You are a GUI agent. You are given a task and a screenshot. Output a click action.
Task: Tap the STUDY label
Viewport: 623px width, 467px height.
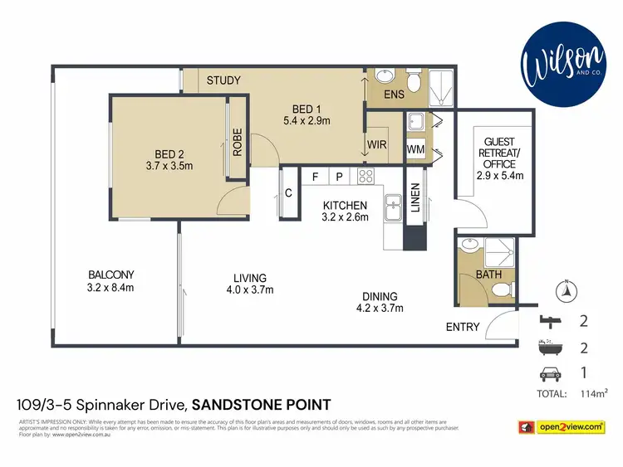point(223,80)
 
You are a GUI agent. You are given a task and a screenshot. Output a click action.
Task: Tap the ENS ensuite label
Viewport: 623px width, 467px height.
point(395,95)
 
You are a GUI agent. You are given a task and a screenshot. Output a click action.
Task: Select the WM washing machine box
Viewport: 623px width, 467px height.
point(416,149)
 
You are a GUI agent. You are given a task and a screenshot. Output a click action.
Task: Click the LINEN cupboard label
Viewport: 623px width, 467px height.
point(415,200)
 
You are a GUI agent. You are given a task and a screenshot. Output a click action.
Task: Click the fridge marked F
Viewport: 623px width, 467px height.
point(316,176)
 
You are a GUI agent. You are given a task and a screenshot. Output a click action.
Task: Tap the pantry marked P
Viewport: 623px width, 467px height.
point(340,176)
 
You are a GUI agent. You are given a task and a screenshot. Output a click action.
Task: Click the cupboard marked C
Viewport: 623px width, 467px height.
point(288,192)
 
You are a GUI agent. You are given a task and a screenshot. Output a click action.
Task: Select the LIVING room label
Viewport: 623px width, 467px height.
point(249,277)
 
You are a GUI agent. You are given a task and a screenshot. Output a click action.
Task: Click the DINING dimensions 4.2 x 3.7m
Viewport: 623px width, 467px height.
point(379,309)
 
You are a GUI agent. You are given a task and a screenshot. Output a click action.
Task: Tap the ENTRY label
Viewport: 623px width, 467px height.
point(463,327)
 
